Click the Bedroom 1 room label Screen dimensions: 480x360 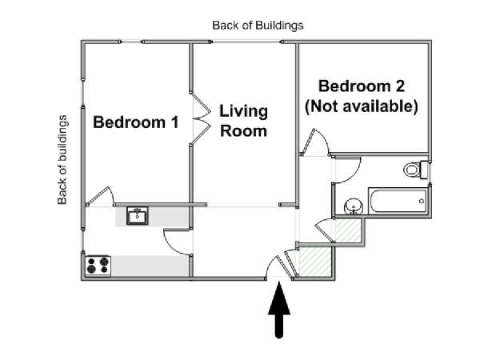point(136,122)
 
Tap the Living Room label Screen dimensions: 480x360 point(243,121)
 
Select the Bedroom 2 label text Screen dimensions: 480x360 point(362,86)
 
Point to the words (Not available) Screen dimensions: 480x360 point(362,106)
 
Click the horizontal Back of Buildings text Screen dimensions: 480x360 point(258,26)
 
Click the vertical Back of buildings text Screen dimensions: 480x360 point(62,160)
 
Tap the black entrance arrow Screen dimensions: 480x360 point(279,310)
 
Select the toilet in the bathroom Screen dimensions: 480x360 point(415,170)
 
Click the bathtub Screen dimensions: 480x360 point(398,201)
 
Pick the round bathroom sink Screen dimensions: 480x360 point(354,206)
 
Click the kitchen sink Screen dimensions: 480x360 point(138,215)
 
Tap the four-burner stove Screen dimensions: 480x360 point(98,266)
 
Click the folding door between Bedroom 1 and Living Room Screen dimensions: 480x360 point(201,118)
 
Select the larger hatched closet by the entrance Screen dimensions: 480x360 point(315,262)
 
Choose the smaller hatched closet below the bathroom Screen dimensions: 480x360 point(348,230)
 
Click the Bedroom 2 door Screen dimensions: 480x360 point(314,142)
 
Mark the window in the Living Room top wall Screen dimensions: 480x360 point(246,42)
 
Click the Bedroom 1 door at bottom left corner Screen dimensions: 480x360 point(100,196)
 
